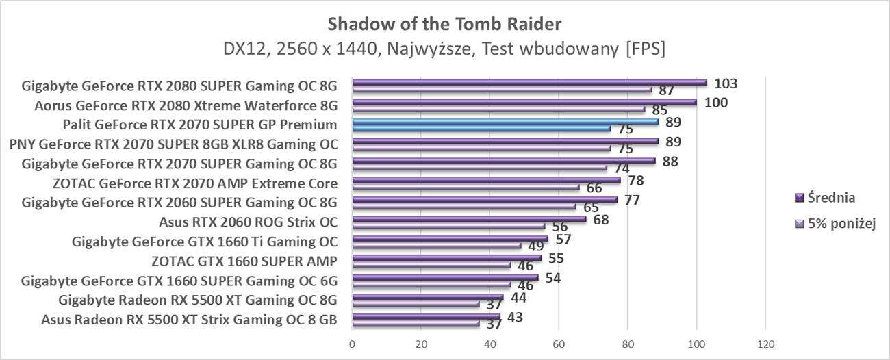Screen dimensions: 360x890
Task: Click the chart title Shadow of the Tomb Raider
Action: click(x=444, y=24)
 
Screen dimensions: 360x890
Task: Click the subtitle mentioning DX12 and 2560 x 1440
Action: click(x=444, y=49)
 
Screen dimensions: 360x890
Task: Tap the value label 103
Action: click(x=725, y=83)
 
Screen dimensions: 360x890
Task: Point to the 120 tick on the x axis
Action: click(x=765, y=344)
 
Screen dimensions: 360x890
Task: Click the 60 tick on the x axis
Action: click(x=559, y=344)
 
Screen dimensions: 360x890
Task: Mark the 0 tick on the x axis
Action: click(x=352, y=344)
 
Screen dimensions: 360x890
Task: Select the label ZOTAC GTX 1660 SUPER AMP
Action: click(x=244, y=261)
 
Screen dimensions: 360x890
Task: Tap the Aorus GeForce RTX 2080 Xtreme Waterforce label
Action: click(x=186, y=105)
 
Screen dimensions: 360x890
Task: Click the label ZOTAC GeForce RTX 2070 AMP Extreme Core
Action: click(x=194, y=183)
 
